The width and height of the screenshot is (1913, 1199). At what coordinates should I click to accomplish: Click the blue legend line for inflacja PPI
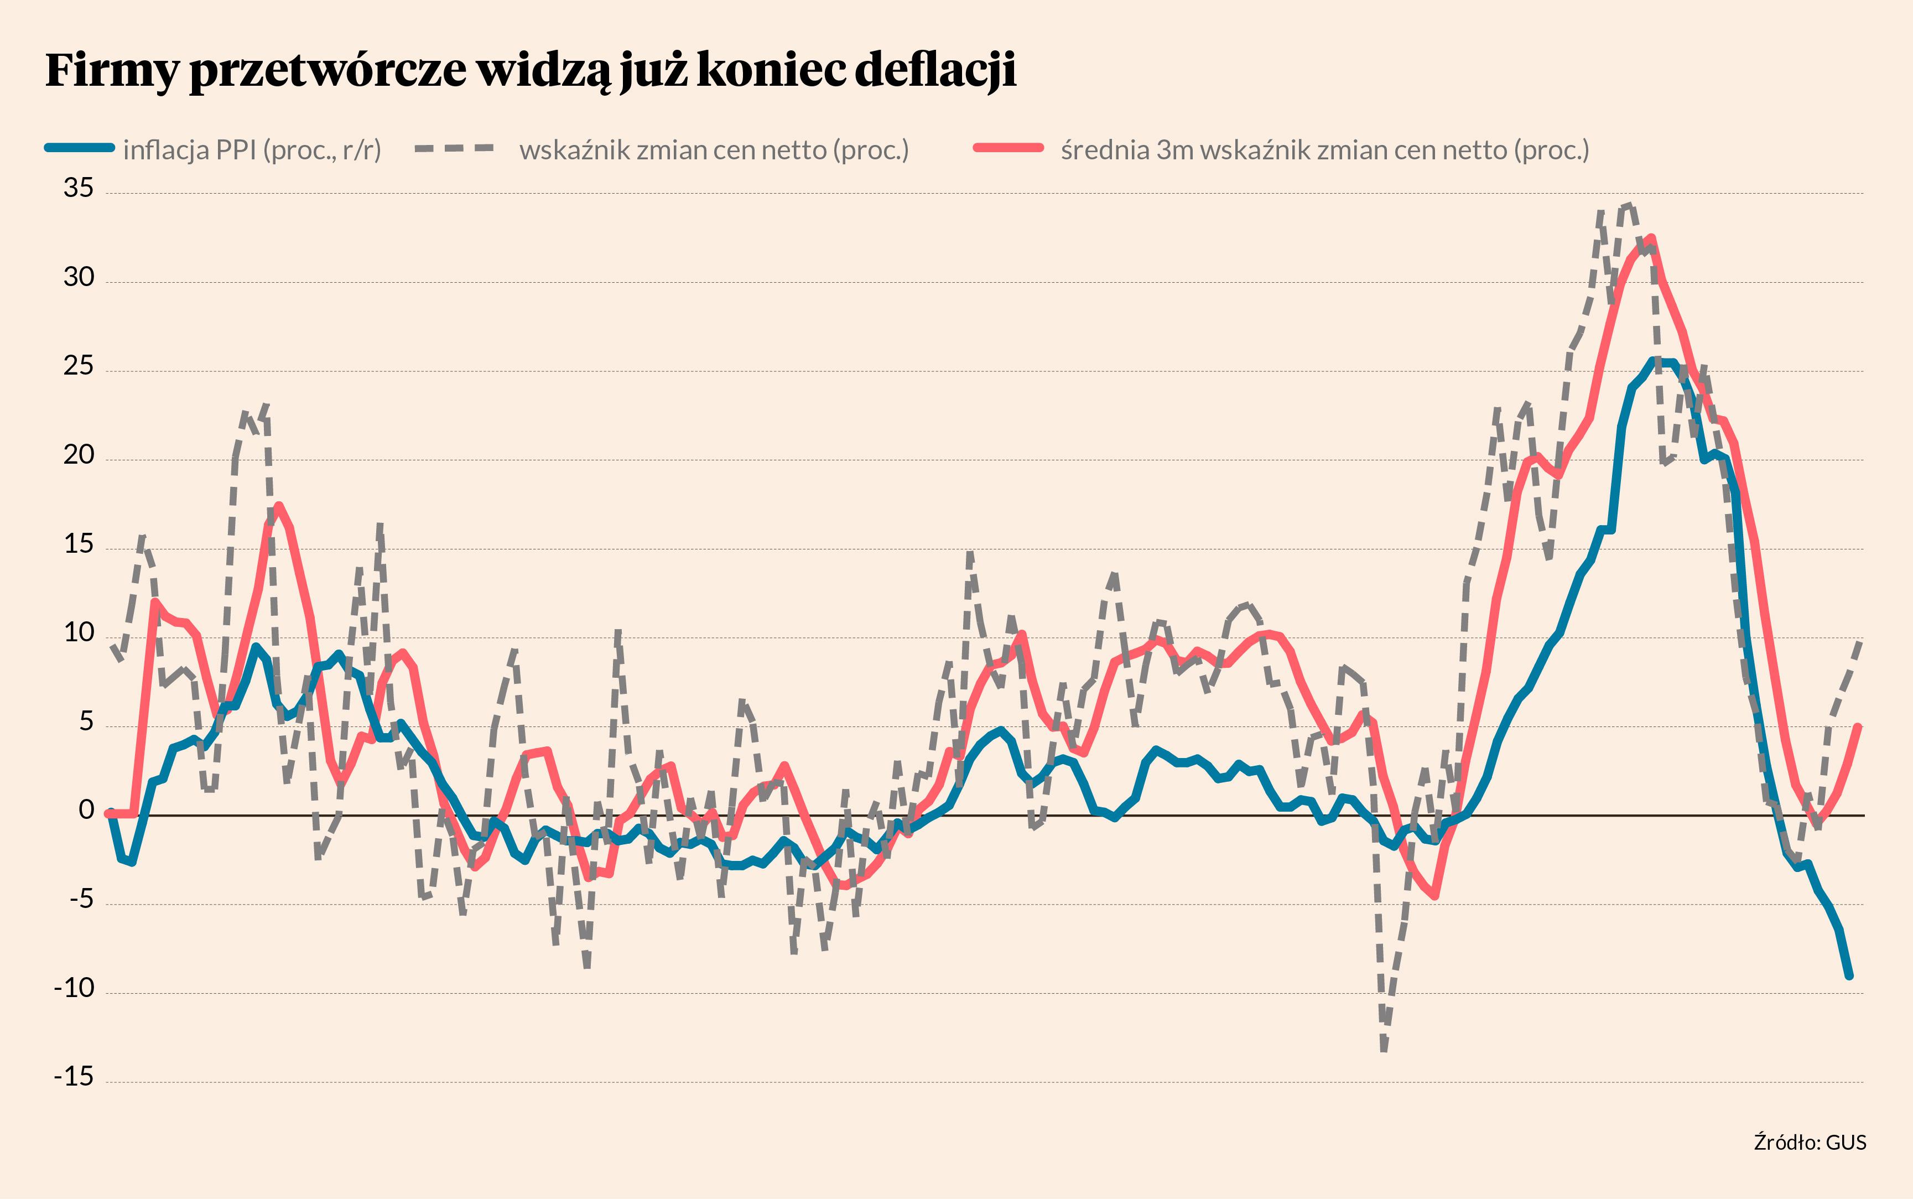point(79,148)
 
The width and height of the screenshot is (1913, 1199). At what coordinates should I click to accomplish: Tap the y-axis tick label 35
point(79,189)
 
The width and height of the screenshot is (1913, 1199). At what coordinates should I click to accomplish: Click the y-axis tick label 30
point(79,278)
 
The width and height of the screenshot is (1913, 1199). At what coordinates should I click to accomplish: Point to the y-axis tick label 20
point(79,455)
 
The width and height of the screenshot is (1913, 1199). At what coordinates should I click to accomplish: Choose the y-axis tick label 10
point(79,633)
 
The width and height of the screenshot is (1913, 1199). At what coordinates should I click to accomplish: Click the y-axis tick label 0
point(86,811)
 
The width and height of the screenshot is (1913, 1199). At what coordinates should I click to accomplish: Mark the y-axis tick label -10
point(74,988)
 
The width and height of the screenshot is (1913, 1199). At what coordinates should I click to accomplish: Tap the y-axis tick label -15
point(74,1077)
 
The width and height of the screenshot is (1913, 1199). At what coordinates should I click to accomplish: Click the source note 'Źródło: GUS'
point(1810,1142)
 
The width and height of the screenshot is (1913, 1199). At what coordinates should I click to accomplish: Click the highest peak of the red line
point(1651,237)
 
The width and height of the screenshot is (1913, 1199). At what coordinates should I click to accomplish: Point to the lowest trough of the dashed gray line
point(1384,1049)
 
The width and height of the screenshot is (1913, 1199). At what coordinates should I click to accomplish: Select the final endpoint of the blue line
point(1849,976)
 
